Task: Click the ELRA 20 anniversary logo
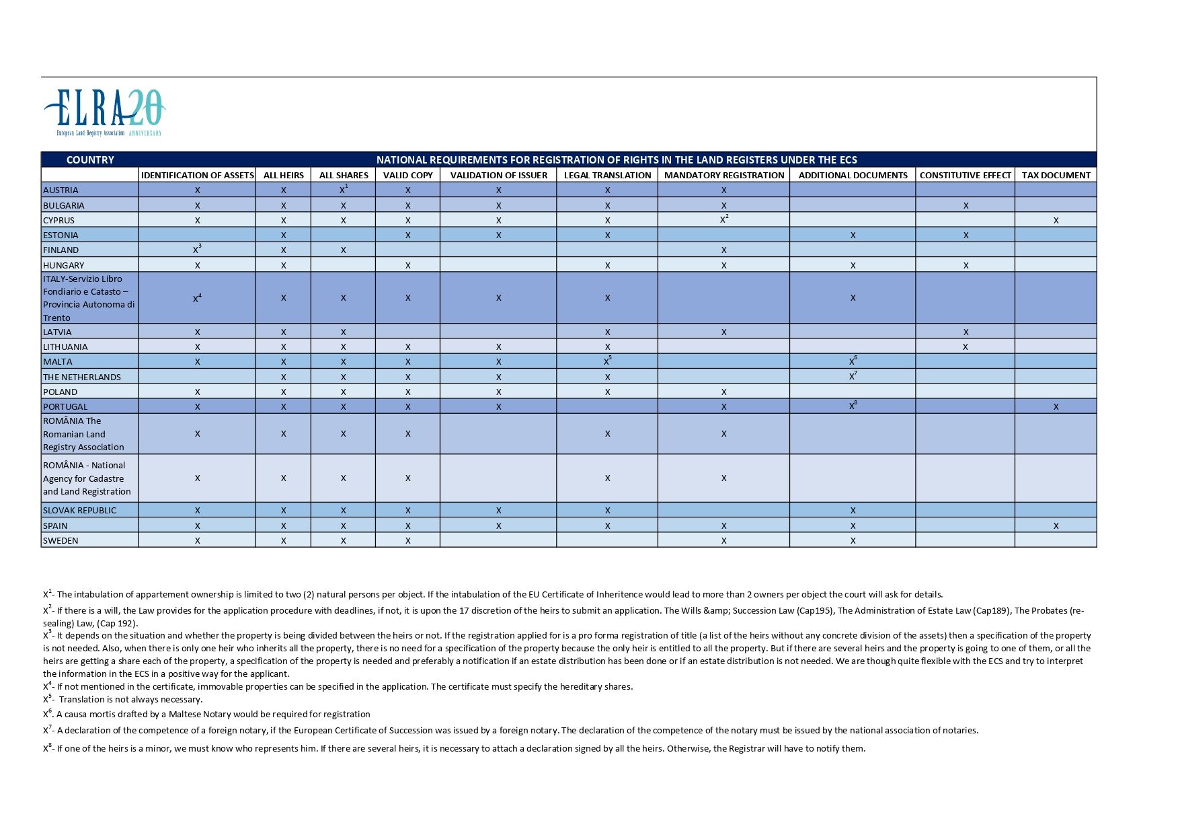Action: [104, 112]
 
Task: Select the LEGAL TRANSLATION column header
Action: [607, 175]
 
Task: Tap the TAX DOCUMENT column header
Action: [1056, 175]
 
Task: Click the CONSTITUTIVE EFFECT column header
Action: [965, 175]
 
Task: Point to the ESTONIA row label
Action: [61, 235]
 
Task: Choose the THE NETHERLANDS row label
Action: [82, 377]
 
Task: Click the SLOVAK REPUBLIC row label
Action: [79, 510]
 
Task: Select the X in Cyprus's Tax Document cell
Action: [1056, 220]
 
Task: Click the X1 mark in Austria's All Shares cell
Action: [344, 189]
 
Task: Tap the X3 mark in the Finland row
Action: [197, 249]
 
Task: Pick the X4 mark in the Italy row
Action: [197, 297]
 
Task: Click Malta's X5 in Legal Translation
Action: [607, 361]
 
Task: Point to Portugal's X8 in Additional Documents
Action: [853, 406]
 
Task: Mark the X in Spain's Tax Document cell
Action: [1056, 525]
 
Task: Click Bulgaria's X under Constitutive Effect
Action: [966, 205]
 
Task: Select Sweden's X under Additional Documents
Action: [853, 540]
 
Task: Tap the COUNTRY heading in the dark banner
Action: [90, 159]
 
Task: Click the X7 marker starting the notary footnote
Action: [47, 730]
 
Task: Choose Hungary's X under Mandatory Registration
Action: [723, 265]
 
